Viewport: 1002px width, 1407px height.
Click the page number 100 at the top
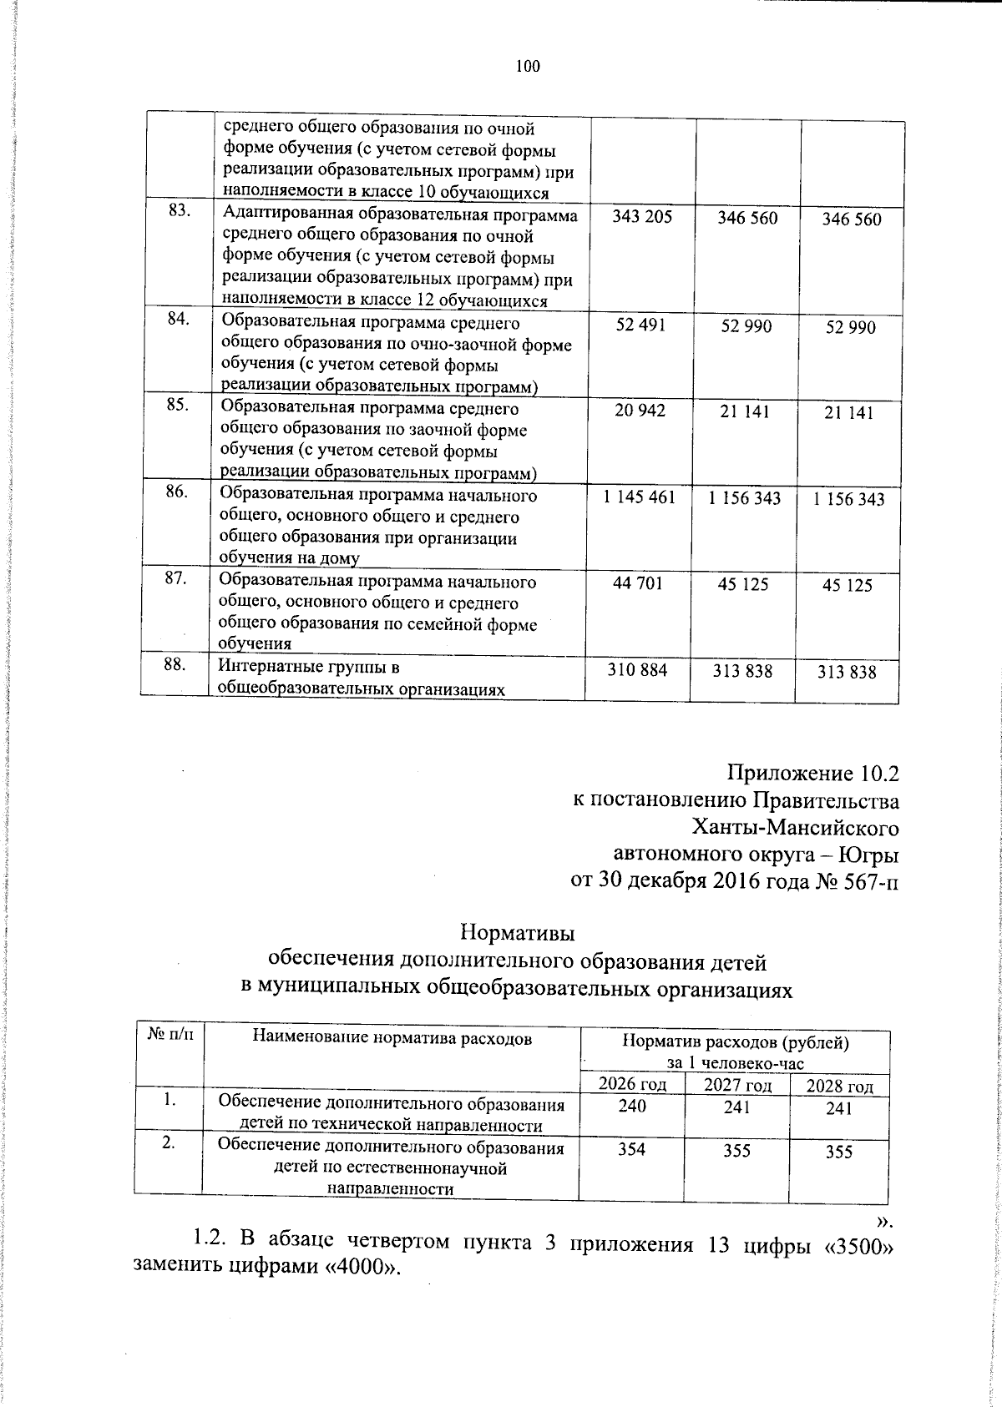tap(528, 67)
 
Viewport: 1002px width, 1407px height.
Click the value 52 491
tap(640, 325)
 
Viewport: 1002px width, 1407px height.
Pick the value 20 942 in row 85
tap(640, 411)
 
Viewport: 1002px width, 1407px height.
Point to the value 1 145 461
tap(640, 497)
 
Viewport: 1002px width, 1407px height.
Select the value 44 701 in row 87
tap(638, 583)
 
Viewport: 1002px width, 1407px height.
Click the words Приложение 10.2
tap(813, 773)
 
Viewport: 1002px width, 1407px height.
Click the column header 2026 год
tap(633, 1084)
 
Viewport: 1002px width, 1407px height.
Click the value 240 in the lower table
tap(632, 1107)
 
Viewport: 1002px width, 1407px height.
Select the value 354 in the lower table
tap(631, 1149)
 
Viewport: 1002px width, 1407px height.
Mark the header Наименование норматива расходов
tap(392, 1038)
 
